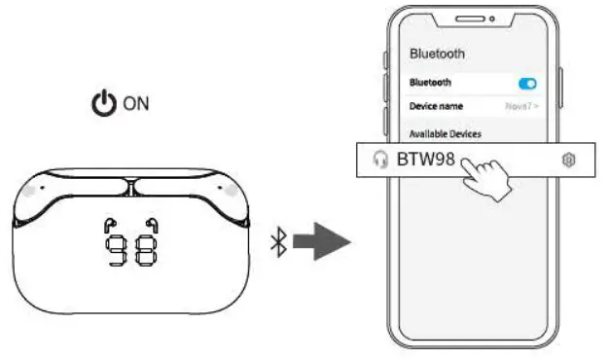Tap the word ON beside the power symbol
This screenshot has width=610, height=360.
pyautogui.click(x=135, y=103)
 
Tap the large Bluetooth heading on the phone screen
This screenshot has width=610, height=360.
pyautogui.click(x=437, y=54)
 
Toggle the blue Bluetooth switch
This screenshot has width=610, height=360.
pyautogui.click(x=528, y=84)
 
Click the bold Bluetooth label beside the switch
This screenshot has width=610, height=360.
pyautogui.click(x=430, y=84)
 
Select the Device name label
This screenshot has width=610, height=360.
pyautogui.click(x=436, y=106)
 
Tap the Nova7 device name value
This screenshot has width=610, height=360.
pyautogui.click(x=521, y=106)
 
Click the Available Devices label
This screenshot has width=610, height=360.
pyautogui.click(x=445, y=133)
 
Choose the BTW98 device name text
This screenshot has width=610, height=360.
pyautogui.click(x=425, y=159)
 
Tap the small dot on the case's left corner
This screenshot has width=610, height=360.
pyautogui.click(x=29, y=191)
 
